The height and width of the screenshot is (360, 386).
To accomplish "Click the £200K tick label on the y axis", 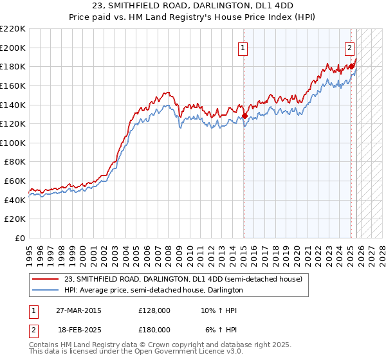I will (x=13, y=48).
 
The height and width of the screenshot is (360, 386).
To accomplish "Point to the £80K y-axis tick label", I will (x=15, y=162).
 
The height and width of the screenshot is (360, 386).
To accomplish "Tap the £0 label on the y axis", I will (x=21, y=239).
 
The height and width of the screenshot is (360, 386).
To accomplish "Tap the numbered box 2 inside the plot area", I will (x=349, y=47).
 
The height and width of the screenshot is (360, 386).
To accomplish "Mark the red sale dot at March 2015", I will (x=244, y=116).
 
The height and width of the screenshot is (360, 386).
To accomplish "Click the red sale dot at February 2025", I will (x=352, y=66).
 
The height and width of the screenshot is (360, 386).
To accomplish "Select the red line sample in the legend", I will (x=46, y=279).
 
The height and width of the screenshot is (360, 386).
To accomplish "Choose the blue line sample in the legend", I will (x=46, y=290).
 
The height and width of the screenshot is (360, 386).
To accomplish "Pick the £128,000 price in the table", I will (x=154, y=310).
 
